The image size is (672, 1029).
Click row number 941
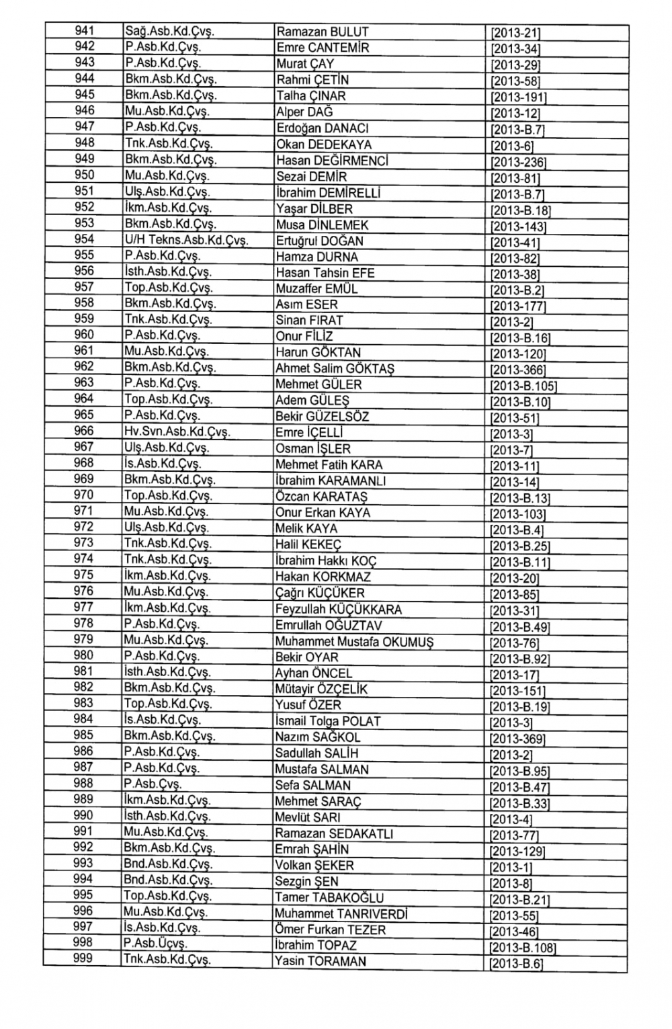click(x=84, y=30)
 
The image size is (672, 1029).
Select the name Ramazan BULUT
click(x=323, y=32)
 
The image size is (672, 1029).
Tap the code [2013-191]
click(x=518, y=97)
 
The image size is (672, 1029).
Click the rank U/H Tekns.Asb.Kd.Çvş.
click(x=187, y=241)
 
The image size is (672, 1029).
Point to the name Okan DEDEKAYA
click(x=324, y=145)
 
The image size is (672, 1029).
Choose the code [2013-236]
click(x=518, y=162)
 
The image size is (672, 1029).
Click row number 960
click(x=84, y=335)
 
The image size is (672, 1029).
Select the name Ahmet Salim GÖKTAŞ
click(x=335, y=369)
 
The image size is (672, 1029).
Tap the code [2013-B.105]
click(x=523, y=386)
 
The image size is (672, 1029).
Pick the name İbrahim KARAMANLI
click(x=331, y=481)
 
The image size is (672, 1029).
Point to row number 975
click(x=84, y=575)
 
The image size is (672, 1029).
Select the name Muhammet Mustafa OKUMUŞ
click(x=354, y=642)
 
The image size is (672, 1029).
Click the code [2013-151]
click(x=517, y=691)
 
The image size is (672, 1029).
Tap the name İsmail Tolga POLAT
click(x=328, y=721)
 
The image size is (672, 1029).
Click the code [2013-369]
click(x=517, y=739)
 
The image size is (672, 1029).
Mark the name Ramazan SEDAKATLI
click(x=334, y=834)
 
